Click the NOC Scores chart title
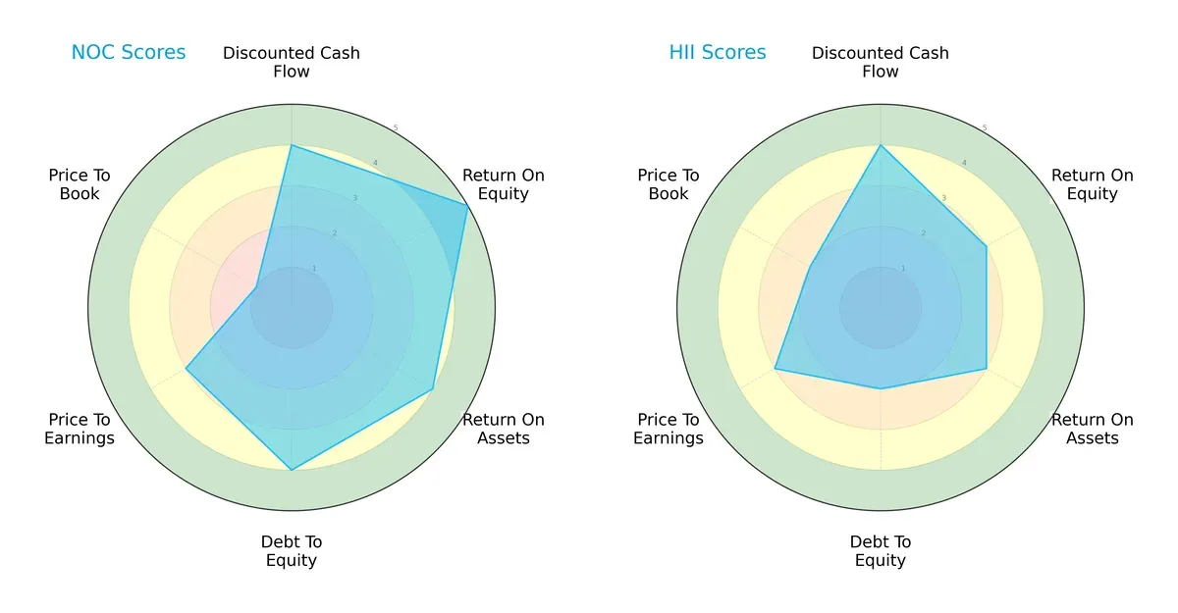[128, 53]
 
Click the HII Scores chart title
[718, 53]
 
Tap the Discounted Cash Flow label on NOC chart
[292, 62]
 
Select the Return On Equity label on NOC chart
[504, 184]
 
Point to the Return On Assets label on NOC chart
[504, 429]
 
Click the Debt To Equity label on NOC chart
[292, 551]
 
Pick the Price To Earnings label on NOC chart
[80, 429]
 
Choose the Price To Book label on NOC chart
[80, 184]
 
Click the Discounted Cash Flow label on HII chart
[881, 62]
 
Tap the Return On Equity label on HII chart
[1093, 184]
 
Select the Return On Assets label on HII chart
[1093, 429]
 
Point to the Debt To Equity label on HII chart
[881, 551]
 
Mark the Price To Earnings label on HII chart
[669, 429]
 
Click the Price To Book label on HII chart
[669, 184]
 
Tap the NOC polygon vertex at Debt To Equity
[292, 470]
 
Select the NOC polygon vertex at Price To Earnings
[187, 369]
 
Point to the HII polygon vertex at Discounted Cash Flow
[881, 145]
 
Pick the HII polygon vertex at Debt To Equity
[881, 388]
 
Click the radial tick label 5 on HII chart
[985, 128]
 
